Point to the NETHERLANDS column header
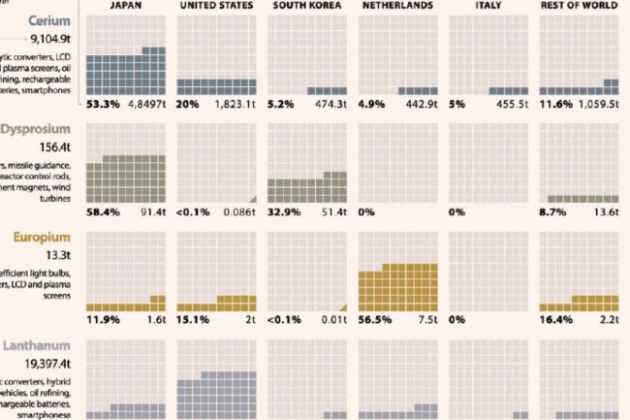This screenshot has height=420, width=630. click(x=398, y=6)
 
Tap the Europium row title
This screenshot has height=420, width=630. click(x=44, y=236)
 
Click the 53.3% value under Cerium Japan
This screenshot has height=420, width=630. click(x=102, y=103)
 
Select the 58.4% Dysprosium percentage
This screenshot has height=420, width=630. click(x=102, y=210)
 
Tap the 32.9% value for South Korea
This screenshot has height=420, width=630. click(x=283, y=210)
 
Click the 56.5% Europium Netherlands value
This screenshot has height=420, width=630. click(x=374, y=318)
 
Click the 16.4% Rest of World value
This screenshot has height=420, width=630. click(x=554, y=318)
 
